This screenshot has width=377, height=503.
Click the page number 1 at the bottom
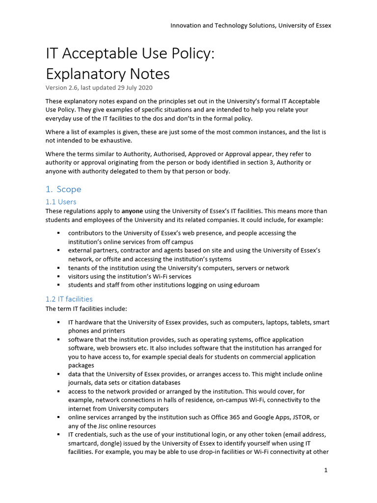[325, 470]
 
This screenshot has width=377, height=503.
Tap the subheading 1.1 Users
[61, 202]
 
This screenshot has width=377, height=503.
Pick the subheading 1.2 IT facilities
[69, 299]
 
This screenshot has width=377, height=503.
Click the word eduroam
[246, 285]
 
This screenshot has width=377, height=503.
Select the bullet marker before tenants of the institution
[58, 268]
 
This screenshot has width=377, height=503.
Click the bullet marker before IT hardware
[58, 323]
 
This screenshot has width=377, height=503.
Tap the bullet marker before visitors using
[58, 277]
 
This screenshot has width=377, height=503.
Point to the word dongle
[111, 443]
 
